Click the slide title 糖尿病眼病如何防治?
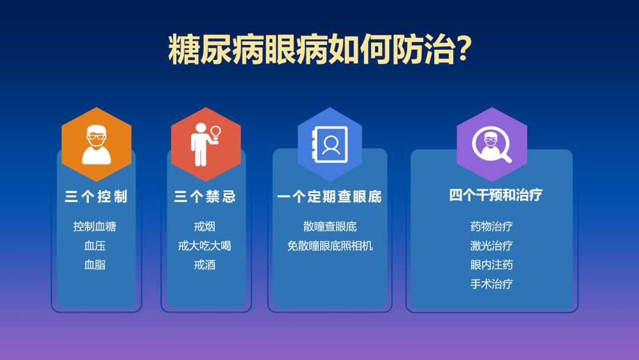[x=319, y=50]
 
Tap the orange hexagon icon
[x=96, y=144]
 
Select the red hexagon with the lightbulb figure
[x=206, y=144]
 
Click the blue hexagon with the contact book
[x=330, y=144]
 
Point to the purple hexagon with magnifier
[x=492, y=144]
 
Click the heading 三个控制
[x=96, y=197]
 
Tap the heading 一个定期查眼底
[x=330, y=197]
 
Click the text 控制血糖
[x=95, y=226]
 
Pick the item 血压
[x=95, y=246]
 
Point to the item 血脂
[x=95, y=265]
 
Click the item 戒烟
[x=205, y=226]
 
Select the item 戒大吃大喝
[x=205, y=246]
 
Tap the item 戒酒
[x=205, y=265]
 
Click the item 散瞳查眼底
[x=330, y=226]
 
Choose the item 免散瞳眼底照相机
[x=330, y=246]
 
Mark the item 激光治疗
[x=492, y=246]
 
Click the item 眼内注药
[x=492, y=265]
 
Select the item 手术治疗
[x=492, y=284]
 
